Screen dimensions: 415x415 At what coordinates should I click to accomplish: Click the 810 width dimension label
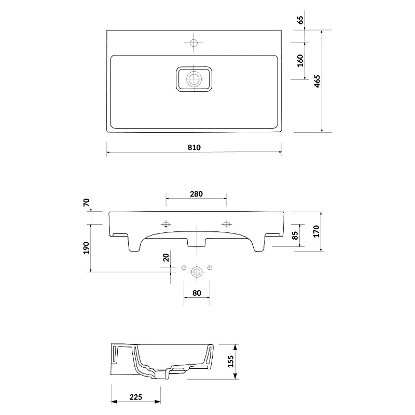[194, 147]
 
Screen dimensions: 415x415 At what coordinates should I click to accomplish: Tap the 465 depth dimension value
[317, 81]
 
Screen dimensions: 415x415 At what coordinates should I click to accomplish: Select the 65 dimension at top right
[300, 20]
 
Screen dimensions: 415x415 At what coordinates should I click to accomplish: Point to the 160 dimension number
[300, 61]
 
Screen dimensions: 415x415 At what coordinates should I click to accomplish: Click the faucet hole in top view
[193, 43]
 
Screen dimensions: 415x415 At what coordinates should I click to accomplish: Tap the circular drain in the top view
[194, 79]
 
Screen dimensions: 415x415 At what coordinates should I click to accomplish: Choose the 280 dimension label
[196, 194]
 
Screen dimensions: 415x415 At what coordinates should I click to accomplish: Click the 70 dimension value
[86, 202]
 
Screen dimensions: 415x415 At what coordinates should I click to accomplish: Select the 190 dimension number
[86, 248]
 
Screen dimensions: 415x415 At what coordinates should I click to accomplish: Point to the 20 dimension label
[165, 257]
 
